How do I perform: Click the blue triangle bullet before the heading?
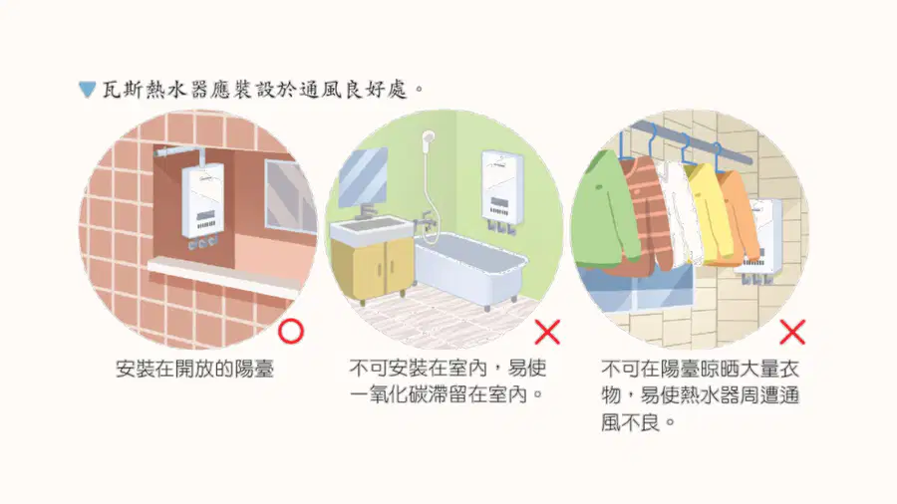pyautogui.click(x=87, y=90)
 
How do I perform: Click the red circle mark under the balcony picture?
pyautogui.click(x=291, y=332)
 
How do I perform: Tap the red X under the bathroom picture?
pyautogui.click(x=547, y=332)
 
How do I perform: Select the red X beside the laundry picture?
pyautogui.click(x=792, y=332)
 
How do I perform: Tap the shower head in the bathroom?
pyautogui.click(x=428, y=137)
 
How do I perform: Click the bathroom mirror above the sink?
pyautogui.click(x=363, y=177)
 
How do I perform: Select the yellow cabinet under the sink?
pyautogui.click(x=373, y=269)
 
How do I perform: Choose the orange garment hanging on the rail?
pyautogui.click(x=737, y=216)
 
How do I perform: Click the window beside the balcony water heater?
pyautogui.click(x=291, y=196)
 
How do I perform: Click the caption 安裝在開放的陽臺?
pyautogui.click(x=195, y=370)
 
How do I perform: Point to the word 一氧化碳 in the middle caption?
pyautogui.click(x=389, y=394)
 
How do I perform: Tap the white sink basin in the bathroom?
pyautogui.click(x=371, y=230)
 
